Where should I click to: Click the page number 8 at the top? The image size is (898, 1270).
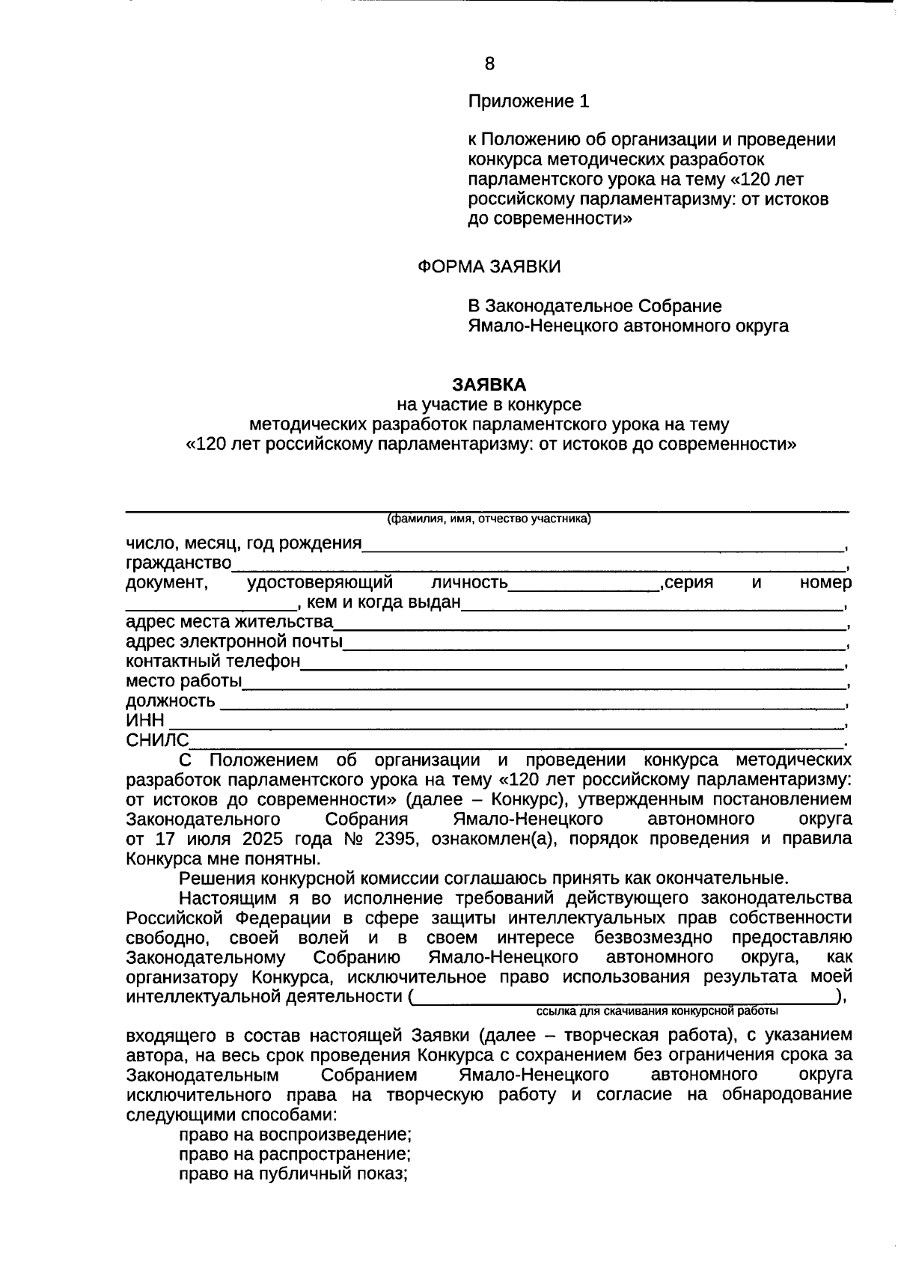pyautogui.click(x=489, y=64)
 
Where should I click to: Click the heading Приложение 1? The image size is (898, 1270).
pyautogui.click(x=528, y=102)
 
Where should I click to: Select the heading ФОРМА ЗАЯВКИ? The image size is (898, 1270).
pyautogui.click(x=489, y=267)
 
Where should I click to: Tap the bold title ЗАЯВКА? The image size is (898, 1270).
pyautogui.click(x=489, y=385)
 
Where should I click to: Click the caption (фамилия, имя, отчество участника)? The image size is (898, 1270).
pyautogui.click(x=489, y=519)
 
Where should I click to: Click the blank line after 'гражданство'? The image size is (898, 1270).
pyautogui.click(x=539, y=564)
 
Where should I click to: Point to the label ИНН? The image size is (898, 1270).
pyautogui.click(x=144, y=721)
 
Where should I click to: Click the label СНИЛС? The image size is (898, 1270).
pyautogui.click(x=157, y=741)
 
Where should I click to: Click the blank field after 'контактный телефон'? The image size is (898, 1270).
pyautogui.click(x=572, y=663)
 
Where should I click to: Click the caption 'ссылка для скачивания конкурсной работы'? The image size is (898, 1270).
pyautogui.click(x=657, y=1011)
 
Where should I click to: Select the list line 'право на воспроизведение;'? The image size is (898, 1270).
pyautogui.click(x=295, y=1134)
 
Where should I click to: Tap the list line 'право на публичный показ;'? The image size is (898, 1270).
pyautogui.click(x=293, y=1173)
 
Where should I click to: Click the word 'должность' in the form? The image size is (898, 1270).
pyautogui.click(x=170, y=701)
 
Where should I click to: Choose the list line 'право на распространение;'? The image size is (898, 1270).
pyautogui.click(x=295, y=1154)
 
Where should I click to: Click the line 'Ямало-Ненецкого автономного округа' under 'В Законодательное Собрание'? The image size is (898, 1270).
pyautogui.click(x=628, y=326)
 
